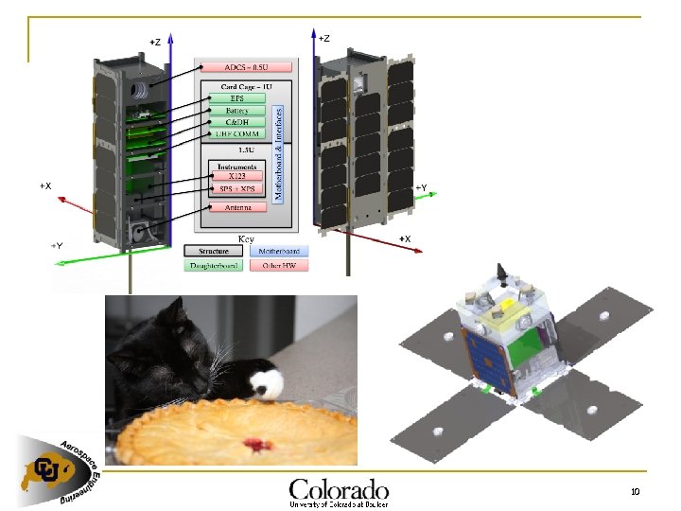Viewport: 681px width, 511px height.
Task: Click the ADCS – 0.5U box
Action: point(246,67)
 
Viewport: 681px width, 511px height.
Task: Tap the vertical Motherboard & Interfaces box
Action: point(278,151)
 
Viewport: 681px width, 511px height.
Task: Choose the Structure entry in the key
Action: point(213,252)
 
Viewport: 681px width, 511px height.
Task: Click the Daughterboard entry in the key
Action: point(213,266)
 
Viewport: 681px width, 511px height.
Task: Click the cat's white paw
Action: point(265,383)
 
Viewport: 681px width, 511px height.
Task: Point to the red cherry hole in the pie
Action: point(253,442)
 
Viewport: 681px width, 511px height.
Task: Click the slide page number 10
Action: point(635,491)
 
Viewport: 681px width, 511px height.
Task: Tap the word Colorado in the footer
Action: point(339,489)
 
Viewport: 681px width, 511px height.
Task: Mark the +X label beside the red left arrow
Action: point(45,185)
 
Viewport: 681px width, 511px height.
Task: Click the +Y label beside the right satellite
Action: point(421,187)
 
